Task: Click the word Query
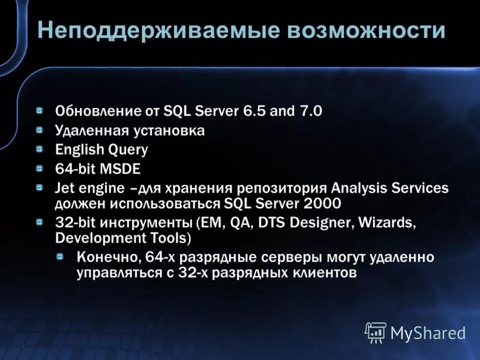[x=127, y=149]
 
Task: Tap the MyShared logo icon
[x=376, y=332]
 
